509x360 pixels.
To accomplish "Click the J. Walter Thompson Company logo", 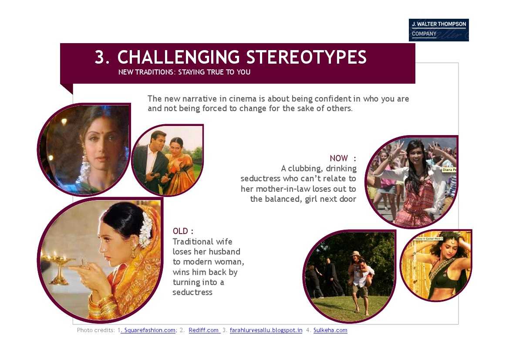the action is click(438, 30).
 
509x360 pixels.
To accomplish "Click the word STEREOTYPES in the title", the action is click(307, 57).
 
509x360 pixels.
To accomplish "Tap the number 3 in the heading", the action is click(100, 57).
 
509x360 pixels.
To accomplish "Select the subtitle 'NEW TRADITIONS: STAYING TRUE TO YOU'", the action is click(184, 72).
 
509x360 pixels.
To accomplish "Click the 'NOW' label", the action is click(339, 158).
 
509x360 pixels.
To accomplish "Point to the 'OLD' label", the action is click(180, 231).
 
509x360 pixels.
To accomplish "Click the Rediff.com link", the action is click(204, 330).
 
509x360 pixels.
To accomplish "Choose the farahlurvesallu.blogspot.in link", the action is click(266, 330).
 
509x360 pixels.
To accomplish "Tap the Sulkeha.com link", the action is click(330, 330).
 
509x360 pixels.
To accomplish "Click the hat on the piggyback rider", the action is click(356, 253).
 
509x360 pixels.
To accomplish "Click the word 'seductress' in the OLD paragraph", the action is click(192, 292).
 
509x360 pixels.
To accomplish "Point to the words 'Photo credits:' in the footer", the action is click(96, 330).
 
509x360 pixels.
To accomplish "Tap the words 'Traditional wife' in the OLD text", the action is click(202, 241).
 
